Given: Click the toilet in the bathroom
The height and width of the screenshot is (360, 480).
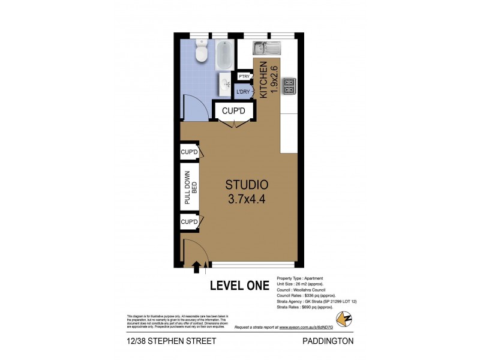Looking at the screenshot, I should tap(202, 52).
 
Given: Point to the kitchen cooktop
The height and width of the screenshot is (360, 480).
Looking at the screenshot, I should tap(288, 86).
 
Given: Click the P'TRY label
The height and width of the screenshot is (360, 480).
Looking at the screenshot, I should tap(244, 77).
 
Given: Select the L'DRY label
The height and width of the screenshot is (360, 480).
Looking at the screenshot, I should tap(243, 92).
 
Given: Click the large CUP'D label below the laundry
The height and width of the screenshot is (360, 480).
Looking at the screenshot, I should tap(234, 111).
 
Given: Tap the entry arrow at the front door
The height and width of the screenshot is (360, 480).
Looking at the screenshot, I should tap(196, 266).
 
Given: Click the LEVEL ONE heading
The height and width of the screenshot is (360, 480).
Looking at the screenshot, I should tap(239, 286).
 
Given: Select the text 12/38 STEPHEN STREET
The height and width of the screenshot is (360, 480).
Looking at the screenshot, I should tap(171, 341).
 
